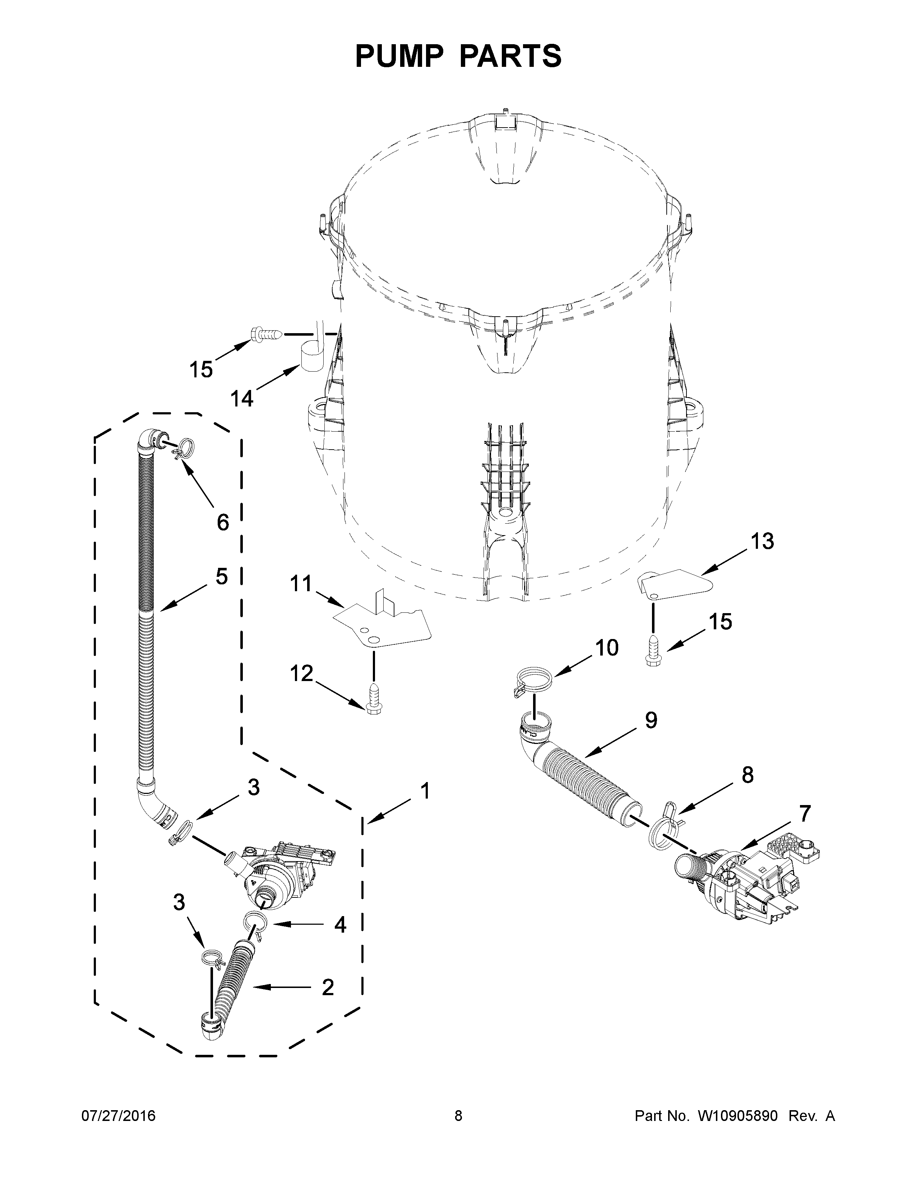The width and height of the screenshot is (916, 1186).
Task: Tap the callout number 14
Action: click(241, 399)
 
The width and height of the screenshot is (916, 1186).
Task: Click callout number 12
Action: click(302, 674)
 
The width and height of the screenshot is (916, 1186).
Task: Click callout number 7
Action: click(805, 813)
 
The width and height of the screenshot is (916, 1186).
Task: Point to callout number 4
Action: click(340, 925)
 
